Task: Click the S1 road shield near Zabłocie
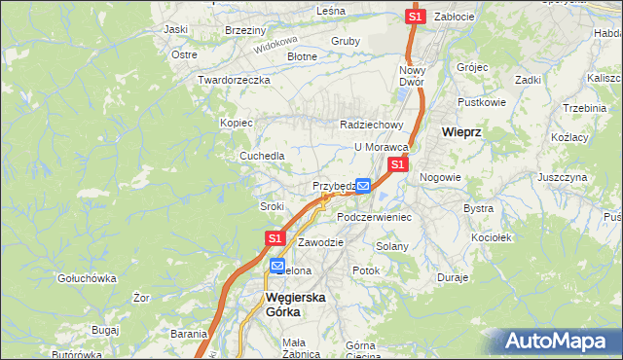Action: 416,17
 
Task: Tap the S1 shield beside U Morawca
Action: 397,166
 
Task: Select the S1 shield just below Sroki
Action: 275,237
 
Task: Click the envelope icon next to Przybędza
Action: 362,185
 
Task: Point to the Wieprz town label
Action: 462,131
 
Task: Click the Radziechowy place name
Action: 371,125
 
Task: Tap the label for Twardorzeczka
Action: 233,80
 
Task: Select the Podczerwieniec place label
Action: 375,217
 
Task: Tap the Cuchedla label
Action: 263,156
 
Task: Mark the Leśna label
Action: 331,11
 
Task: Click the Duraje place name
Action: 453,277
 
